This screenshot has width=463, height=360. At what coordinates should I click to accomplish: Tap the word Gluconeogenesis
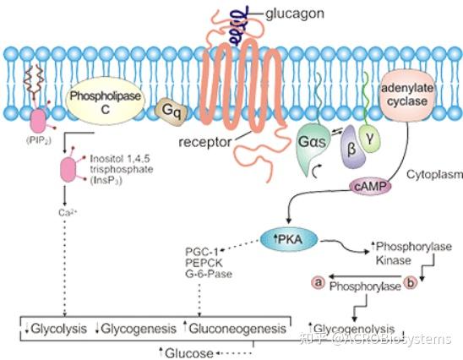pyautogui.click(x=243, y=327)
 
